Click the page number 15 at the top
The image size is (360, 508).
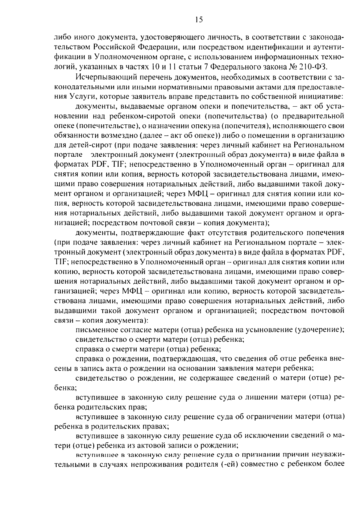[x=199, y=20]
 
